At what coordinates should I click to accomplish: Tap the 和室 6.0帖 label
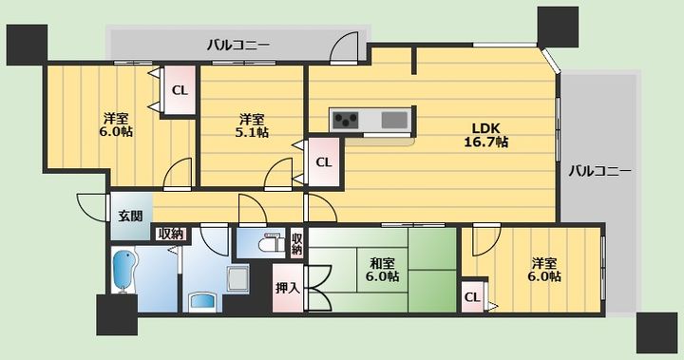382,270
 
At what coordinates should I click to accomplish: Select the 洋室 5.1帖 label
252,125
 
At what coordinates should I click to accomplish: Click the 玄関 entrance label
130,216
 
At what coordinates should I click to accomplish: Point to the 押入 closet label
288,288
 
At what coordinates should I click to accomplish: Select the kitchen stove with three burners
346,120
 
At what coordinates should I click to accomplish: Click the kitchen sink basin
394,120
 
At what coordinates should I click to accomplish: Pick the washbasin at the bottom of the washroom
202,302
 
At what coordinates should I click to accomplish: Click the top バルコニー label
238,45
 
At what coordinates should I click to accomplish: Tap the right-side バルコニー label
599,171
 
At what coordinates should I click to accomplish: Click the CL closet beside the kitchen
324,162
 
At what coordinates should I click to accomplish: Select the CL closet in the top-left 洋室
180,90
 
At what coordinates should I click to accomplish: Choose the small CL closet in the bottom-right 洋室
472,297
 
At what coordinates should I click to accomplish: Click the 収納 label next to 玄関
171,234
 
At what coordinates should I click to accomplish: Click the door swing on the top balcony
344,47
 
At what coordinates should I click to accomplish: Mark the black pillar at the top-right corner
558,27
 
